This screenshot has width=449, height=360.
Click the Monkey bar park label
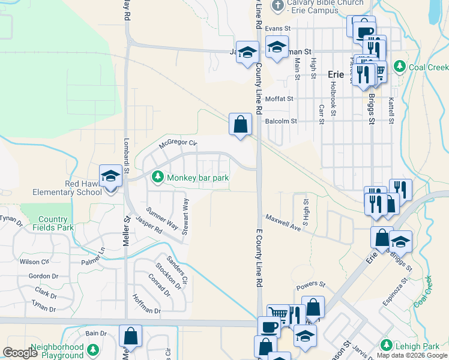tap(199, 178)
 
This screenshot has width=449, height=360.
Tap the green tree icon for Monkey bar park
tap(157, 177)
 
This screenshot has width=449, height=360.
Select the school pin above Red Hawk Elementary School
tap(110, 176)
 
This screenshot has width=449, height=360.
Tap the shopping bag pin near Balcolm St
tap(240, 125)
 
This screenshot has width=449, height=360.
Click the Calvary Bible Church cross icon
tap(277, 6)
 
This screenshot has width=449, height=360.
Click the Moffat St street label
tap(280, 98)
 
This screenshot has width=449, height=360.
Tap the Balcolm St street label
tap(281, 121)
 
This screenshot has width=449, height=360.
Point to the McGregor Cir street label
tap(178, 143)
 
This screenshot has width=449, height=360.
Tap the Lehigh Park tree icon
tap(385, 346)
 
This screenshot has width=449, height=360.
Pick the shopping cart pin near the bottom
tap(278, 314)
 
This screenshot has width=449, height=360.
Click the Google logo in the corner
tap(19, 353)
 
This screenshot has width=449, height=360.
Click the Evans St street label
tap(278, 28)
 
